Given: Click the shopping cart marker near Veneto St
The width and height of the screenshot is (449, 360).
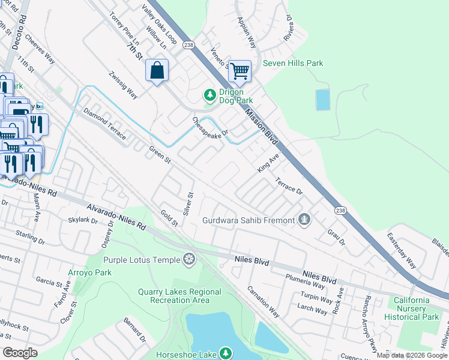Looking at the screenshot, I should coord(240,71).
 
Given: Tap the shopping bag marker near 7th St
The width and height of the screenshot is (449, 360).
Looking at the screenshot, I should coord(157,70).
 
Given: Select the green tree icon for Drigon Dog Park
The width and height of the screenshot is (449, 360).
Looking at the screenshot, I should coord(209,95).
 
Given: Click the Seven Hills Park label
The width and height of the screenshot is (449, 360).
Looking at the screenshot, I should coord(293,63).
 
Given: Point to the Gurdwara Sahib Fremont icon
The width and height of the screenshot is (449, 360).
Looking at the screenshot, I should coord(305,220).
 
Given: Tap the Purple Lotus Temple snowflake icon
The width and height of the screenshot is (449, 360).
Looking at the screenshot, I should coord(190,259).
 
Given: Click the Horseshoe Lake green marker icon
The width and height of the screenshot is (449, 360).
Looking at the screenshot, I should coord(225,354).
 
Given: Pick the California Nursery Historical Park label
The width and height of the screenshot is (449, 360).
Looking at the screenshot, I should coord(412,308).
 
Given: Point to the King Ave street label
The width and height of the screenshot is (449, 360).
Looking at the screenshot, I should coord(269,163).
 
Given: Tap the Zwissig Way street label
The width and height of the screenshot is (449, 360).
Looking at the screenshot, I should coord(123,85).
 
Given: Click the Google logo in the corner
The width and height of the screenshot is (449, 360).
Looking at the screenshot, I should coord(20,353).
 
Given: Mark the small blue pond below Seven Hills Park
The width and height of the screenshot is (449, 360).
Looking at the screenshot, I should coord(323,100).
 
